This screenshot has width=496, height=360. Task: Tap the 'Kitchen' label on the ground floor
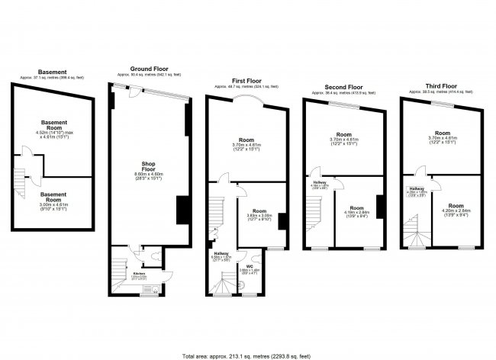tap(139, 272)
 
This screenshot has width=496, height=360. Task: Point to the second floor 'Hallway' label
tap(319, 182)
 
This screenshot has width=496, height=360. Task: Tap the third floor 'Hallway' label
tap(417, 188)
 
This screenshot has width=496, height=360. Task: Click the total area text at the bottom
tap(246, 355)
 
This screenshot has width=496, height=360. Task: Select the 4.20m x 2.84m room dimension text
tap(456, 213)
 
